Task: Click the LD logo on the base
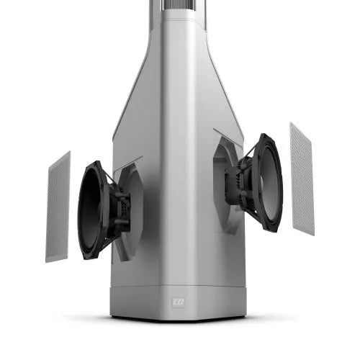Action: (x=179, y=303)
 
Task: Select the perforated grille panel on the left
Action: (x=58, y=207)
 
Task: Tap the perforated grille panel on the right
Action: (x=302, y=178)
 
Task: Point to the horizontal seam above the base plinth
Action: (x=179, y=286)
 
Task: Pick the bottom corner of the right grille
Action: (x=313, y=234)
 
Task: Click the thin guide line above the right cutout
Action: (x=227, y=134)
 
